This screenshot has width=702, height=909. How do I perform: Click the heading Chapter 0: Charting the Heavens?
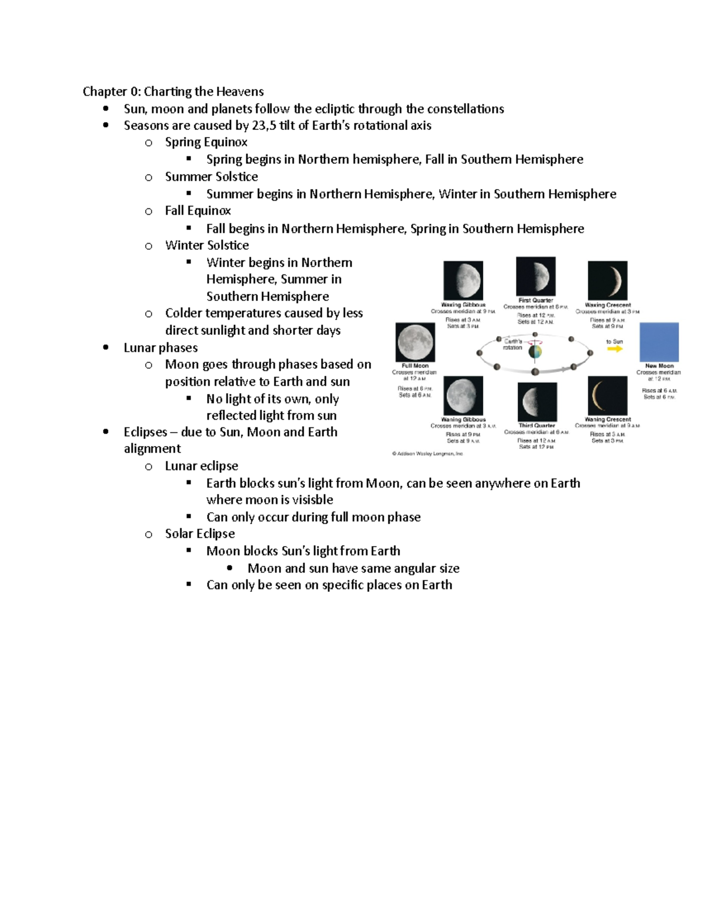[x=173, y=91]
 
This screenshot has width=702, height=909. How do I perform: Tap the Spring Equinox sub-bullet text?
[x=206, y=142]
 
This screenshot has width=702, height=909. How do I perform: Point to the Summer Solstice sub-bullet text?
[x=211, y=177]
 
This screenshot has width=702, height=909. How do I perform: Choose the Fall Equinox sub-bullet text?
[x=198, y=211]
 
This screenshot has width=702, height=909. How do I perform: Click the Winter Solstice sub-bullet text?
[x=207, y=245]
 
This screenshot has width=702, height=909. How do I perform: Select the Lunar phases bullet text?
[x=160, y=348]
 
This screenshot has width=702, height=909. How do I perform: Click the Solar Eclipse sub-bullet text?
[x=199, y=534]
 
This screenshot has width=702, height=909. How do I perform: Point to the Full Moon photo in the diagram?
[x=415, y=342]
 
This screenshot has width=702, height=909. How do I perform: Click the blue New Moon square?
[x=659, y=342]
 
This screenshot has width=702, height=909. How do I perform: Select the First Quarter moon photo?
[x=535, y=276]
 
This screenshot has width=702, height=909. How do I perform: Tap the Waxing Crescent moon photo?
[x=607, y=280]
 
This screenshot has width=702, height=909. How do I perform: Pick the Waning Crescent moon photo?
[x=607, y=396]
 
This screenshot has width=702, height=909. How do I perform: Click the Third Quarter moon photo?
[x=536, y=402]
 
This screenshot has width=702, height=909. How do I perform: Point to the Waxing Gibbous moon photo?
[x=463, y=280]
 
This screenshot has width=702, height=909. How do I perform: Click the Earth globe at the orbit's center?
[x=535, y=352]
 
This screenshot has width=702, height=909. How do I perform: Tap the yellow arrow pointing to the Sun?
[x=615, y=349]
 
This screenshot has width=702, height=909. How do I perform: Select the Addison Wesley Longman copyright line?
[x=427, y=454]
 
